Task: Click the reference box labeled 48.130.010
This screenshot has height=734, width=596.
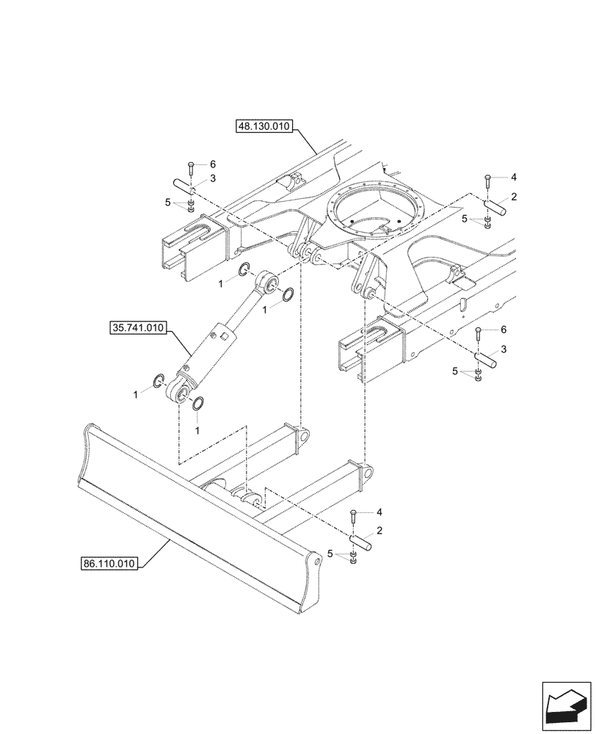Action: pos(264,126)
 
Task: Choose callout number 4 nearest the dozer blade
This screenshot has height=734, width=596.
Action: pos(379,511)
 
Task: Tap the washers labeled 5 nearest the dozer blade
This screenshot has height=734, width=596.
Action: pos(353,562)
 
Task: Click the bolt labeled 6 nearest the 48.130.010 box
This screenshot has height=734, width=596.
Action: pos(190,167)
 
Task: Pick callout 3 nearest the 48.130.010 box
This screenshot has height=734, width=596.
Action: pos(213,178)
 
